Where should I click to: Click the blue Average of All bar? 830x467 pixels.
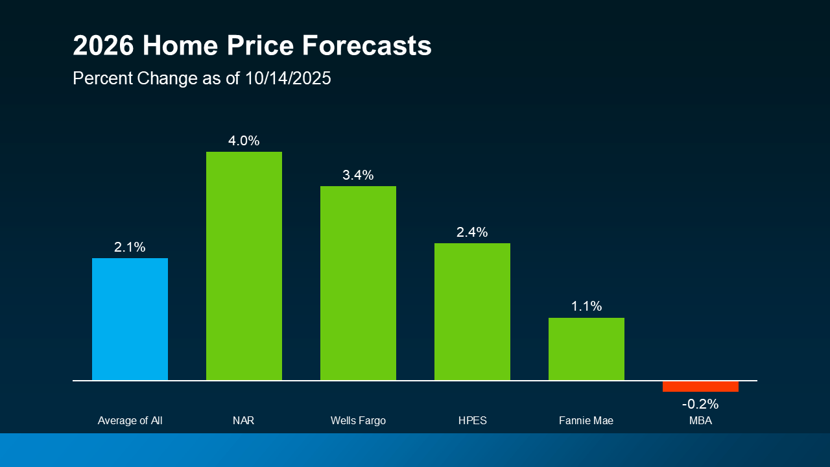(130, 318)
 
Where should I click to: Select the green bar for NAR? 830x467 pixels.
(244, 266)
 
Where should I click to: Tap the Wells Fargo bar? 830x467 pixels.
(358, 283)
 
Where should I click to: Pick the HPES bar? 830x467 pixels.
(472, 311)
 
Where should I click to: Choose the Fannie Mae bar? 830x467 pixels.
(586, 348)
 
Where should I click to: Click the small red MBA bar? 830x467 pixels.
(700, 387)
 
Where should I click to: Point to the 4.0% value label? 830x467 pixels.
(244, 141)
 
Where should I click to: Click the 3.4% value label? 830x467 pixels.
(358, 175)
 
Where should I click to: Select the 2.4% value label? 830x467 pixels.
(472, 232)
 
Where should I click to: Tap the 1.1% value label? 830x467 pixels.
(586, 306)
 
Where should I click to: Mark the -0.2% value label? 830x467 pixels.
(700, 404)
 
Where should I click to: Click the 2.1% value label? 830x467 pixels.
(130, 247)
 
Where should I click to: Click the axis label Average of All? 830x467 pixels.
(130, 421)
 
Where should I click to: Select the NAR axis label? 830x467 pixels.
(244, 421)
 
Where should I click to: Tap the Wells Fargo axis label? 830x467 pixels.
(358, 421)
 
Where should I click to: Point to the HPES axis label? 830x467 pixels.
(472, 421)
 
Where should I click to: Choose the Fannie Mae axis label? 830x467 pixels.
(586, 421)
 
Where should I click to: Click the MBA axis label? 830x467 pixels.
(700, 421)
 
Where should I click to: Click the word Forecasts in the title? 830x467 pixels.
(367, 46)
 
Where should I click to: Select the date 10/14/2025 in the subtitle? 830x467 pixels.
(288, 78)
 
